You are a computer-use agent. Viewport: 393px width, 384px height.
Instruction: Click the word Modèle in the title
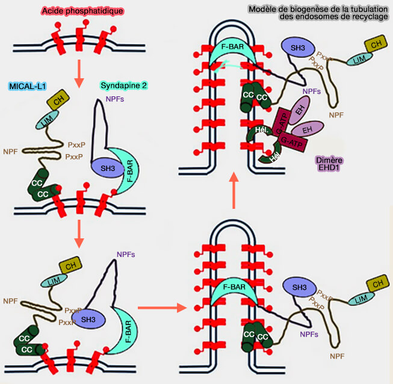click(x=263, y=8)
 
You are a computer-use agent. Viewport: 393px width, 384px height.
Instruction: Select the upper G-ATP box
click(x=283, y=119)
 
